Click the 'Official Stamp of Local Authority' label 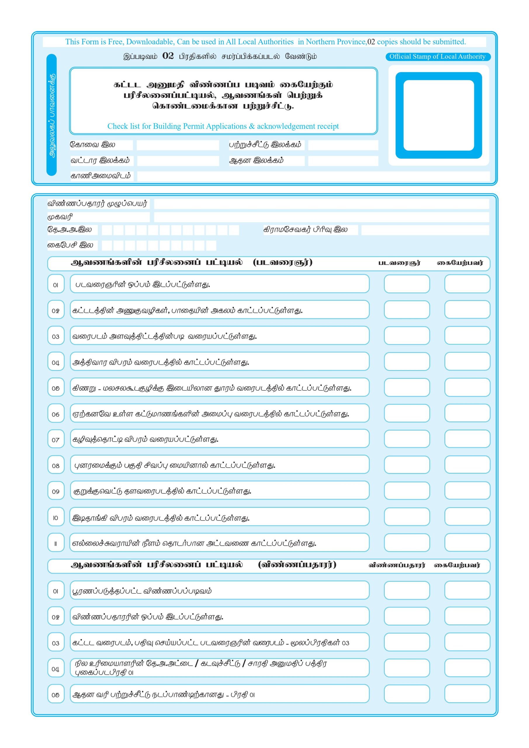click(437, 57)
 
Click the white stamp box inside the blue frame click(438, 115)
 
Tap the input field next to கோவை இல click(178, 145)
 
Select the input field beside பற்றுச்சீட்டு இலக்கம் click(343, 145)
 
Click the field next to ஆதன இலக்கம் click(343, 161)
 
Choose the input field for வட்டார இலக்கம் click(178, 161)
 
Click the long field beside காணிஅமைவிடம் click(313, 176)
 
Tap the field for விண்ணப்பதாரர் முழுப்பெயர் click(321, 204)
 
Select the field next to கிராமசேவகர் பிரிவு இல click(425, 230)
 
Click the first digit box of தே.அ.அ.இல click(107, 230)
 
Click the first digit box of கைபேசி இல click(107, 246)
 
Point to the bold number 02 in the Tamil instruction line click(168, 56)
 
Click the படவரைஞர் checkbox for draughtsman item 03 click(407, 335)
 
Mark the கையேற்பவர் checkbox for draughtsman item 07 click(467, 439)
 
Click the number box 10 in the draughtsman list click(56, 518)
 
